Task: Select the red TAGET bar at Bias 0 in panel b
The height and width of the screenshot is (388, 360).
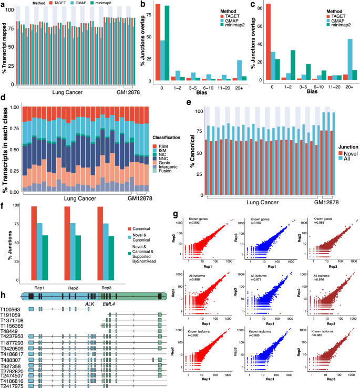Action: pos(157,42)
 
